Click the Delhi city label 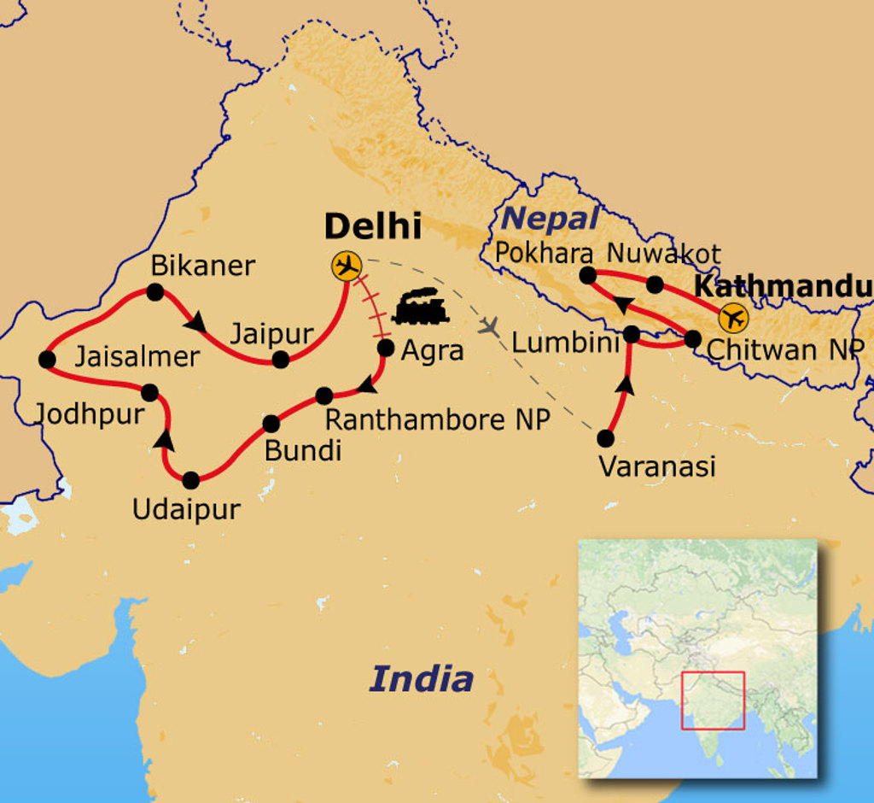tap(373, 227)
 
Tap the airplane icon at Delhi tap(347, 267)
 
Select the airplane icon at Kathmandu tap(732, 319)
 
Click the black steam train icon tap(420, 307)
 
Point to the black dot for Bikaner tap(154, 292)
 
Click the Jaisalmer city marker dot tap(47, 360)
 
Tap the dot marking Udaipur tap(190, 480)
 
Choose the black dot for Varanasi tap(605, 438)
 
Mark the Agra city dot tap(385, 348)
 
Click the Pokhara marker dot tap(587, 275)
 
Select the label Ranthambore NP tap(438, 419)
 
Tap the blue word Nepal tap(550, 219)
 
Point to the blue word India tap(421, 679)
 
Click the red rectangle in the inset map tap(713, 700)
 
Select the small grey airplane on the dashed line tap(490, 325)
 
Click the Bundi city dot tap(271, 424)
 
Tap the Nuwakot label tap(663, 254)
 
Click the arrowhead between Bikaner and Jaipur tap(197, 323)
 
